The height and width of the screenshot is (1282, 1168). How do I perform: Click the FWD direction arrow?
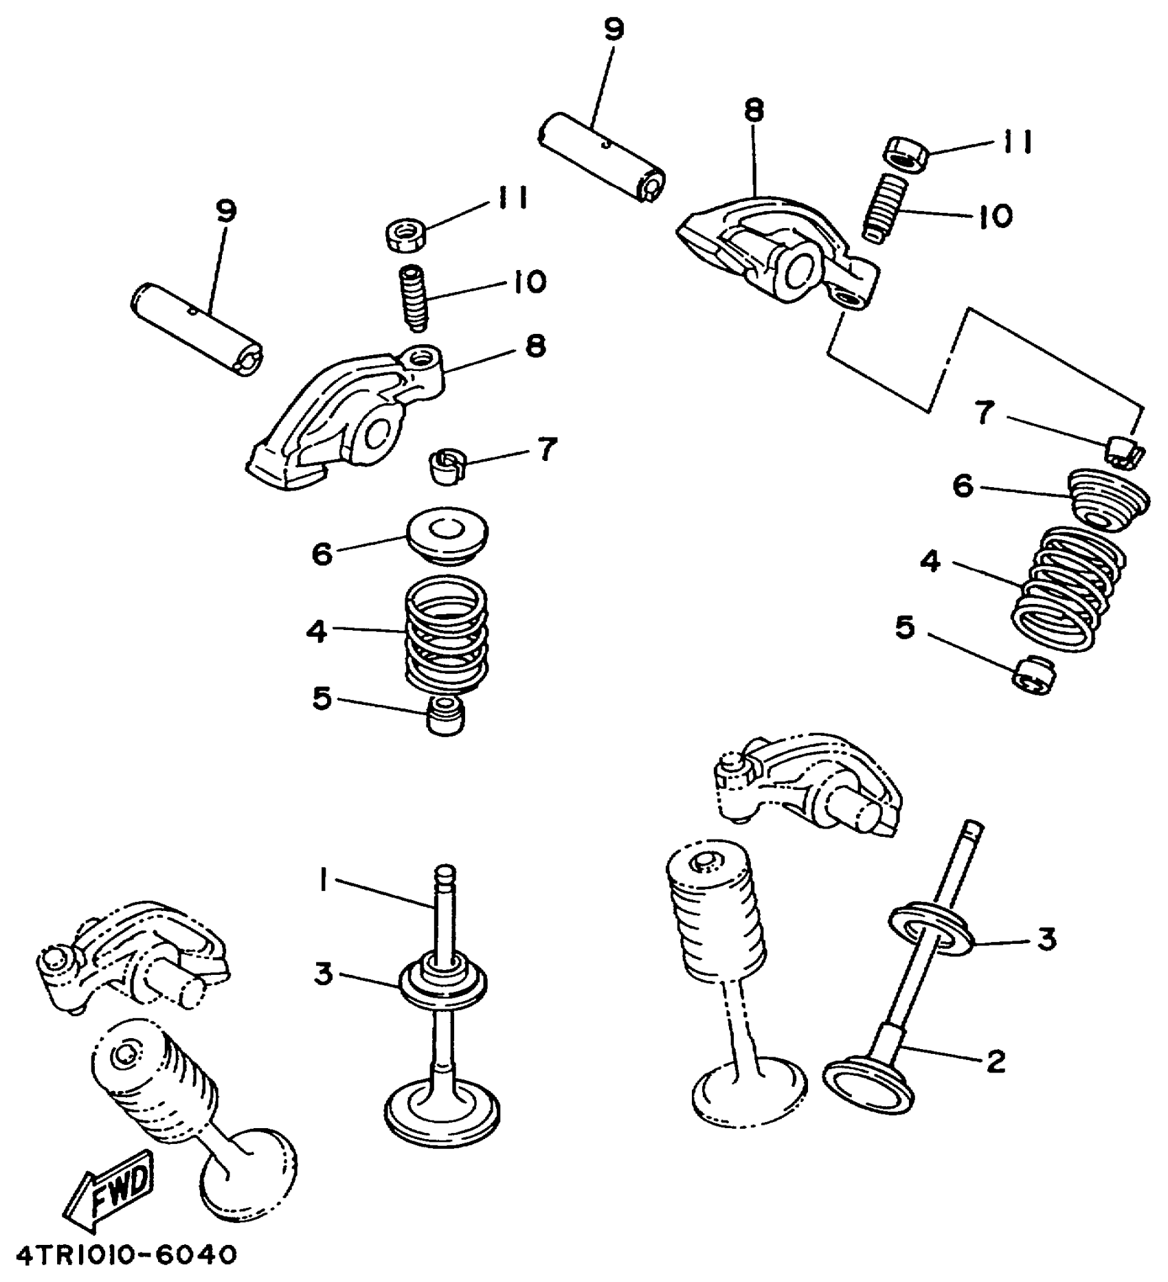click(x=110, y=1191)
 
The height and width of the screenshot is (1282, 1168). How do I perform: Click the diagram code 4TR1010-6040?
click(x=126, y=1256)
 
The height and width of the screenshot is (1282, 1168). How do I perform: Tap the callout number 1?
click(x=322, y=880)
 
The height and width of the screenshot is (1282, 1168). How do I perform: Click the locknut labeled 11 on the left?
click(x=405, y=234)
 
